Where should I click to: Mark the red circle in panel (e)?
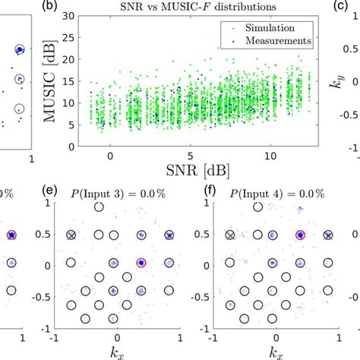[x=140, y=263]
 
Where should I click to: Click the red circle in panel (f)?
[x=300, y=236]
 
